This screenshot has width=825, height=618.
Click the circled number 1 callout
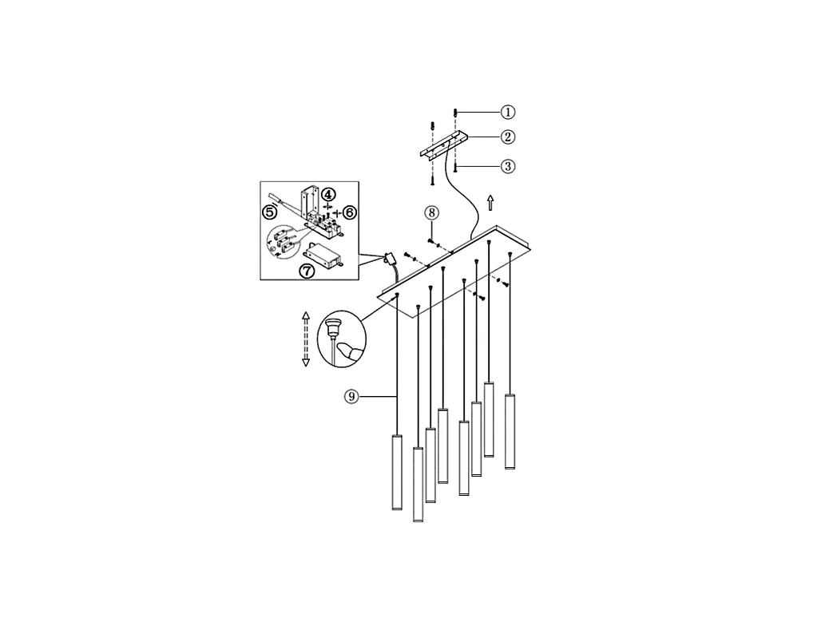click(508, 112)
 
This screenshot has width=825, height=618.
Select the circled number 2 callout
click(508, 137)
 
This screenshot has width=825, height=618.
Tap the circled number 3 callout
click(508, 167)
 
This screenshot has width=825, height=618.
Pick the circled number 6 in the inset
click(350, 212)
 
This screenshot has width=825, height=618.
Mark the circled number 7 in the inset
click(307, 270)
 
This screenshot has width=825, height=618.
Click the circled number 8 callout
click(432, 213)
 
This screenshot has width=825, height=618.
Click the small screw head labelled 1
click(455, 112)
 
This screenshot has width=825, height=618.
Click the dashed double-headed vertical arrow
click(305, 339)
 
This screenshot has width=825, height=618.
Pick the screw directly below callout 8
click(430, 240)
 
